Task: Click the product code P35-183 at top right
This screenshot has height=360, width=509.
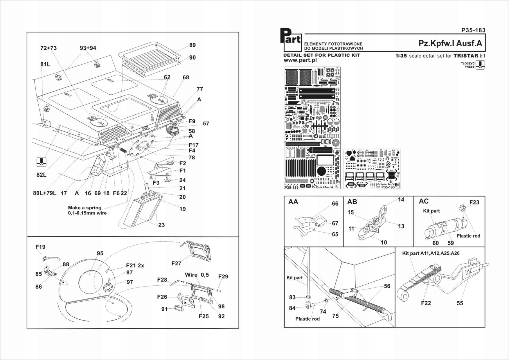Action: click(473, 30)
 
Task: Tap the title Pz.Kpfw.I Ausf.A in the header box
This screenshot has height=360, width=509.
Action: click(450, 43)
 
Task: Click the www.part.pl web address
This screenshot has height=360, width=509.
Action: click(300, 60)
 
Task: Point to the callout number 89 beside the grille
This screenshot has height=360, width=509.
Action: click(192, 45)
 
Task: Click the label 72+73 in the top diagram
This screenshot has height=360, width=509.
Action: click(48, 48)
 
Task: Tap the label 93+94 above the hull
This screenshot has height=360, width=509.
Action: click(88, 48)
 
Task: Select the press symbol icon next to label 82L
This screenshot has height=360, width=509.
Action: click(42, 162)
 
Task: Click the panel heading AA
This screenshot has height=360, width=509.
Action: click(293, 202)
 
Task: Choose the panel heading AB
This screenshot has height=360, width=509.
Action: click(352, 202)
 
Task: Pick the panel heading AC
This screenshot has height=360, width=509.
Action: click(424, 201)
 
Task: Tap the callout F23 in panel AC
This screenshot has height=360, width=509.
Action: click(474, 202)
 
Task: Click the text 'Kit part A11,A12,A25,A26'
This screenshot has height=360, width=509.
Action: click(431, 253)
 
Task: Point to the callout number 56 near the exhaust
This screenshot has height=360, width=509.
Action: click(387, 286)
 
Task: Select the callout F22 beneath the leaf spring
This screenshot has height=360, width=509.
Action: click(426, 303)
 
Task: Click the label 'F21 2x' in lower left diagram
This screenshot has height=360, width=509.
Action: click(135, 265)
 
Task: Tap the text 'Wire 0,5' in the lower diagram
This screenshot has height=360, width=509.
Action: click(197, 275)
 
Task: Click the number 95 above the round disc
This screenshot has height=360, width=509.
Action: click(100, 253)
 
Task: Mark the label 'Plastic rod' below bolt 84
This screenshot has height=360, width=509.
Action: click(307, 319)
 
